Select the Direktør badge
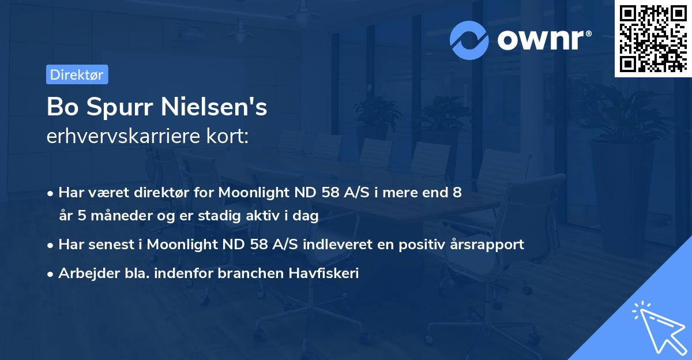pyautogui.click(x=77, y=74)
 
